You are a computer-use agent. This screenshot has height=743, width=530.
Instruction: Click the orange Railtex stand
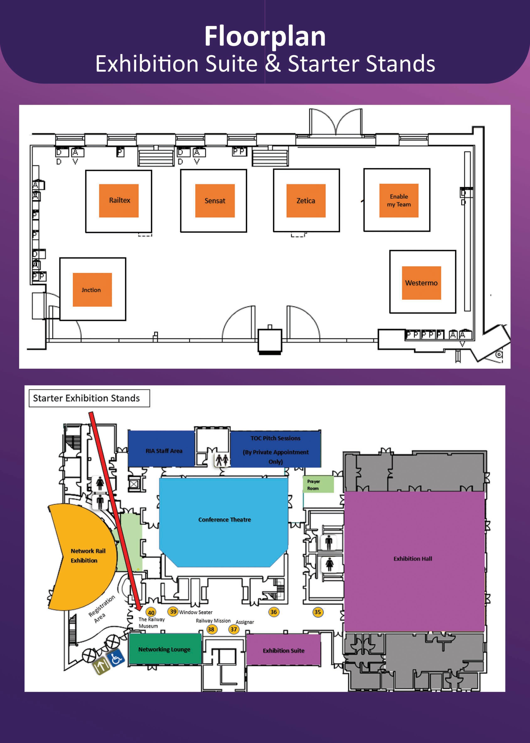[119, 201]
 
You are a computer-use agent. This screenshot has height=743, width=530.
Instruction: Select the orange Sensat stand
[215, 201]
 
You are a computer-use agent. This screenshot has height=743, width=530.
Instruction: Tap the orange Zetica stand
[306, 201]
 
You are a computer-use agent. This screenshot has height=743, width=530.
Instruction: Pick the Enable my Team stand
[398, 201]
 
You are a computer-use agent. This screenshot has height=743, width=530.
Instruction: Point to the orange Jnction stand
[92, 290]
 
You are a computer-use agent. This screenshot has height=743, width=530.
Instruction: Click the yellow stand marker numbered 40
[151, 612]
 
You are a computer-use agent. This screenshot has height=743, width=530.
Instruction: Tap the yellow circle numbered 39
[173, 611]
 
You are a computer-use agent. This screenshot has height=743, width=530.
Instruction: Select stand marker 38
[211, 629]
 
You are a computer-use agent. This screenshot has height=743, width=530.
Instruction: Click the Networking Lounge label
[164, 649]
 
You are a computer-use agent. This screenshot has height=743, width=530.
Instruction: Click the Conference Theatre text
[225, 519]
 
